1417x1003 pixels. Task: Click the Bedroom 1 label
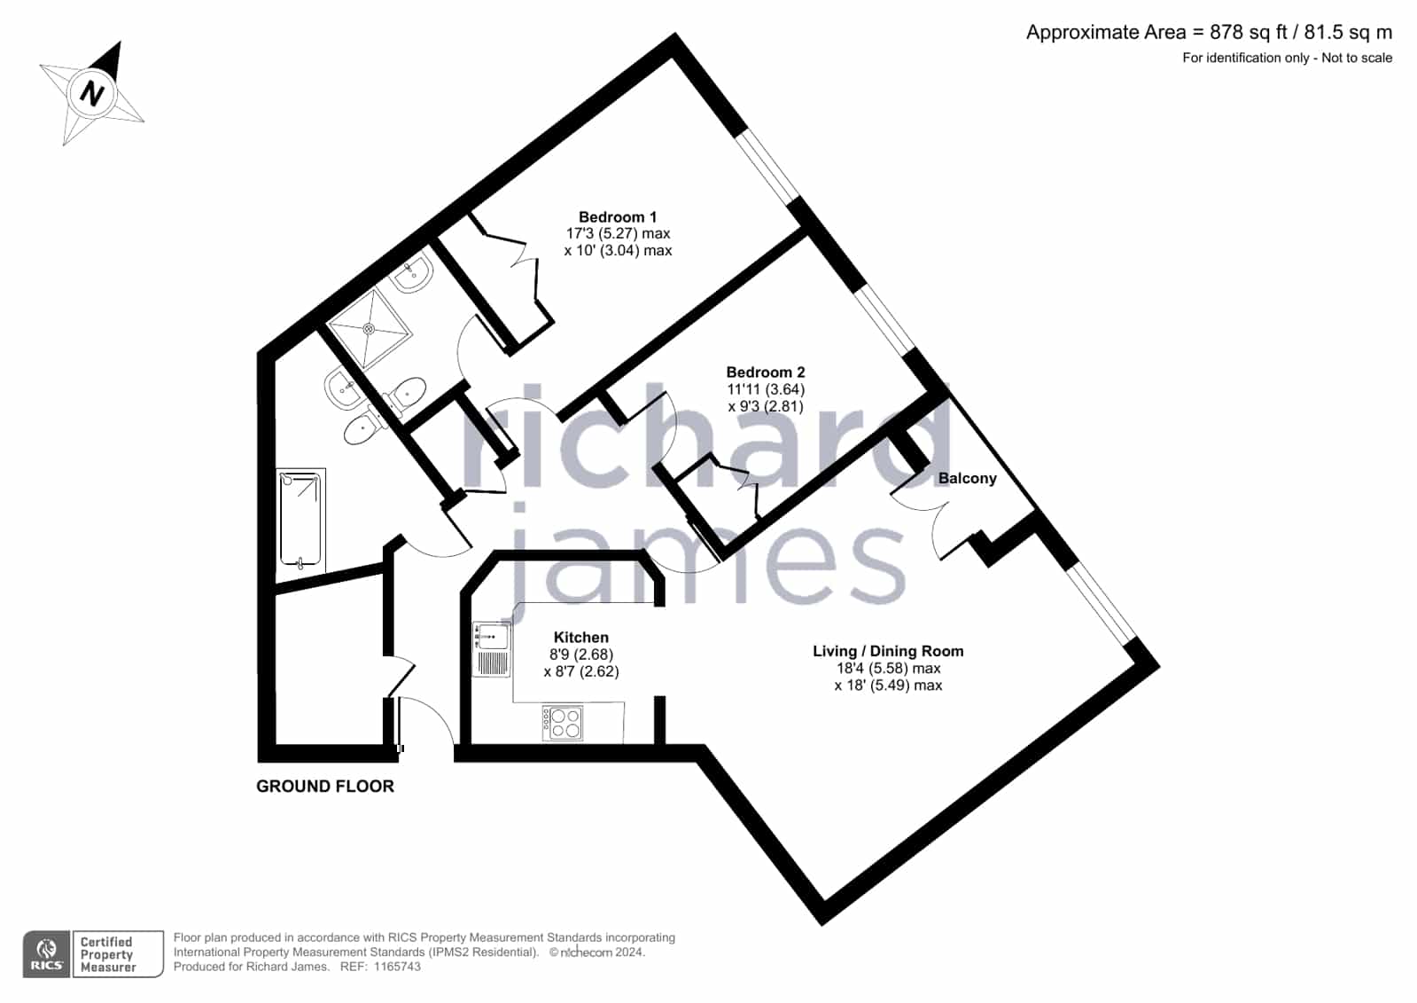click(618, 217)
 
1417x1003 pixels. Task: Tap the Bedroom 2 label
click(766, 372)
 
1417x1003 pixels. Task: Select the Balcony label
click(967, 479)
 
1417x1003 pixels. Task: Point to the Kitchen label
click(580, 638)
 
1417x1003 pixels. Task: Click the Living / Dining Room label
click(888, 652)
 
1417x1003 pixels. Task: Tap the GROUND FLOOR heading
click(325, 787)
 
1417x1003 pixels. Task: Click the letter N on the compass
click(92, 94)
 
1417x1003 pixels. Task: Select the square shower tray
click(370, 328)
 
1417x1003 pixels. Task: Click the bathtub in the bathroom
click(300, 519)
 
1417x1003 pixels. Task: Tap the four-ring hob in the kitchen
click(563, 723)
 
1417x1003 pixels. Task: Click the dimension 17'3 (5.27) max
click(618, 233)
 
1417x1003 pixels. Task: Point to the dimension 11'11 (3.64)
click(766, 389)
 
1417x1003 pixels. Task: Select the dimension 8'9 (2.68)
click(580, 654)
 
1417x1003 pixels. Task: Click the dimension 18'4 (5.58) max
click(888, 669)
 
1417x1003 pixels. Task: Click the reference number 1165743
click(397, 967)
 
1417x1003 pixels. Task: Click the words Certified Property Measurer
click(107, 954)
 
